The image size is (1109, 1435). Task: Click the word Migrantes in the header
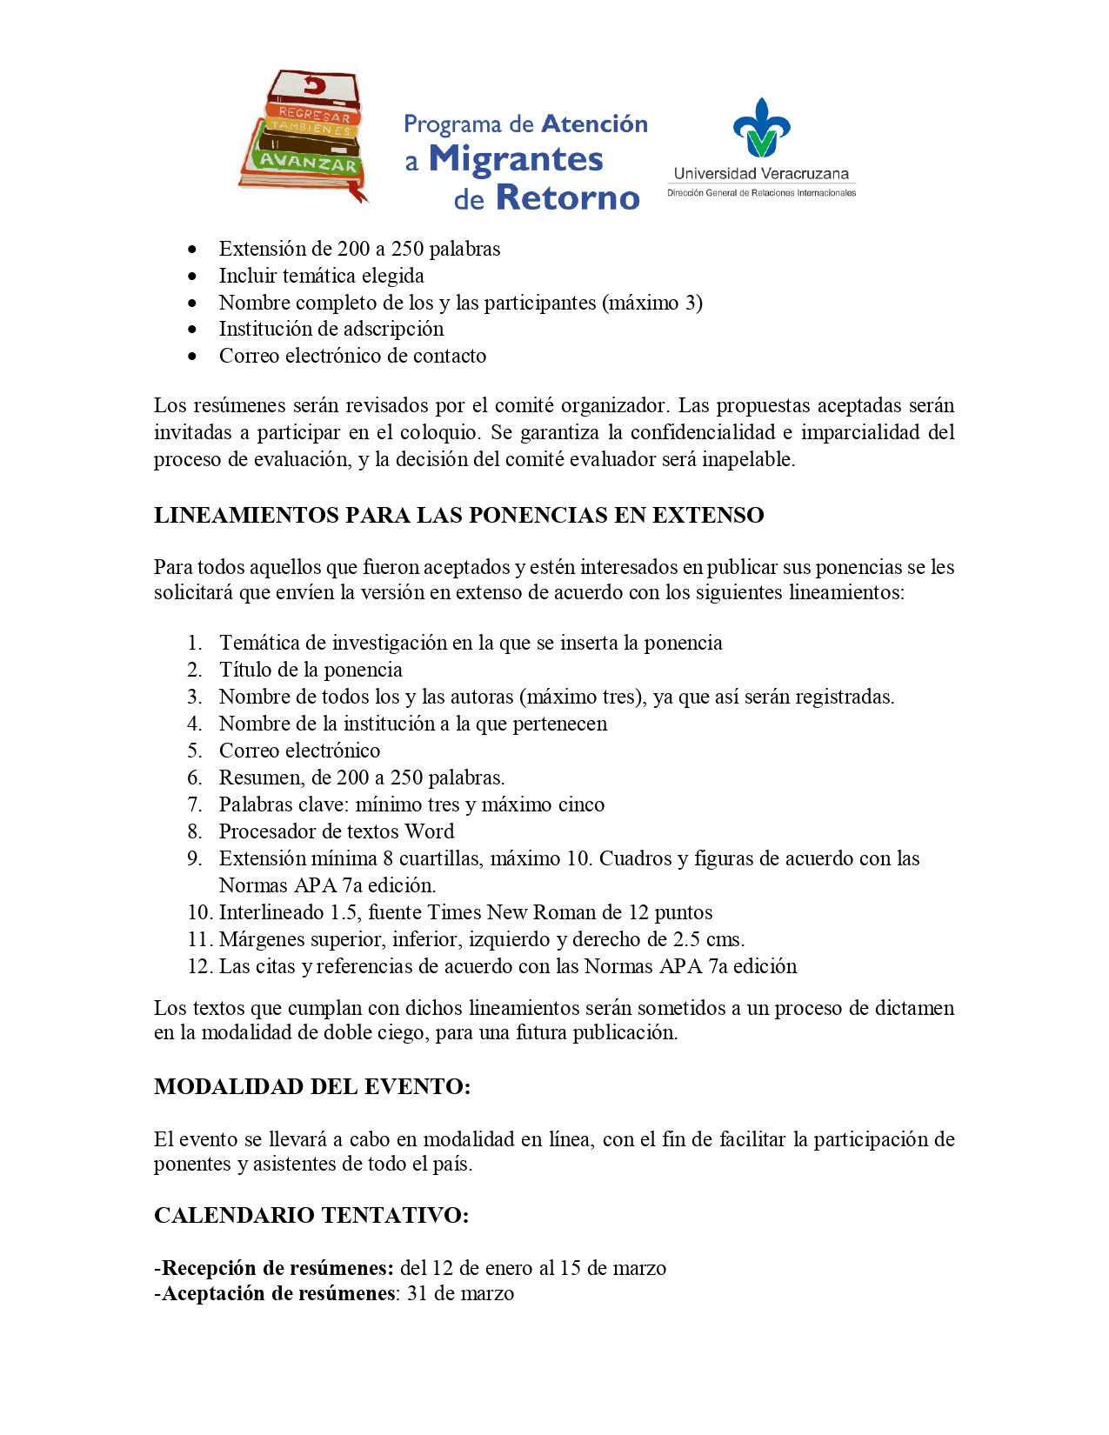click(516, 159)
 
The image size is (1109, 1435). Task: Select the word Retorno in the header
click(567, 198)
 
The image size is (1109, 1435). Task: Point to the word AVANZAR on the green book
click(306, 164)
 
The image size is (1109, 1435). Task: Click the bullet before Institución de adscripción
click(192, 330)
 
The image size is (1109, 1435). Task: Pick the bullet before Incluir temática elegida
click(192, 277)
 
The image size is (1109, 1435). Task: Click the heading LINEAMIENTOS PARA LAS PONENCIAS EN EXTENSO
click(458, 515)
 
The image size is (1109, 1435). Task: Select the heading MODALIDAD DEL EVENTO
click(312, 1086)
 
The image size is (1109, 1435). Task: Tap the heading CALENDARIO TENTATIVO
click(311, 1215)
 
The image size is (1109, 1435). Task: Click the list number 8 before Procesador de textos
click(195, 831)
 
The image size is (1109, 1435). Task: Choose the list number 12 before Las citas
click(200, 966)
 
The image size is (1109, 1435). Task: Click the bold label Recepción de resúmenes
click(278, 1268)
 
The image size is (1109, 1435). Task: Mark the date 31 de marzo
click(460, 1293)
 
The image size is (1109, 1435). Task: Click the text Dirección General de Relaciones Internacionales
click(761, 193)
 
